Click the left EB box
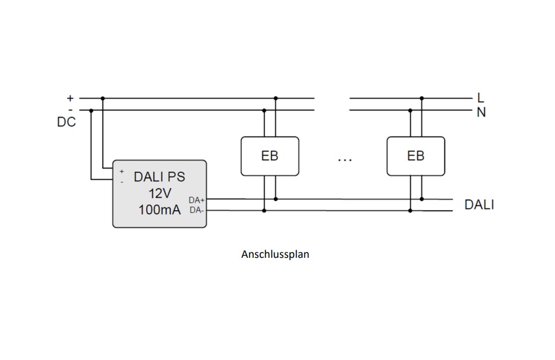[269, 156]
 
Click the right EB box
[415, 156]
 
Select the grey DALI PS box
[160, 193]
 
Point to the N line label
[481, 112]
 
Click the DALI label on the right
[479, 206]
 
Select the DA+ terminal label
[197, 200]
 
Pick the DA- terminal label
[197, 210]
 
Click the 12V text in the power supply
[160, 193]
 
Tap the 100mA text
[159, 210]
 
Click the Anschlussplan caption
[275, 254]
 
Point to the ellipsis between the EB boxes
[344, 159]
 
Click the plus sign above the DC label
[70, 98]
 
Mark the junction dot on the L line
[422, 98]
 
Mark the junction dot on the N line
[410, 110]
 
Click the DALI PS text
[159, 176]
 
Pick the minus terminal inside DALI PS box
[122, 181]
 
